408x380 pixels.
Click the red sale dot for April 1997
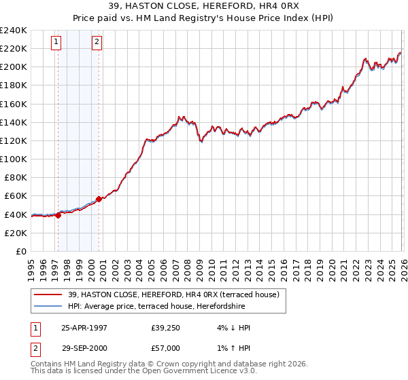pyautogui.click(x=58, y=215)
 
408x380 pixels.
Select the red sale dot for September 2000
pyautogui.click(x=99, y=199)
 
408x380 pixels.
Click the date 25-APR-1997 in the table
pyautogui.click(x=85, y=328)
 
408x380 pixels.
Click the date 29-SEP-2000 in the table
pyautogui.click(x=85, y=348)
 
